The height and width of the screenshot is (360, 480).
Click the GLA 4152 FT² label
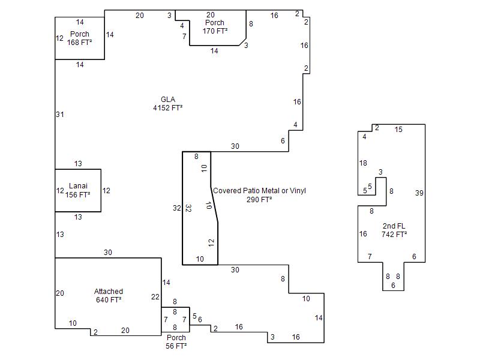(168, 103)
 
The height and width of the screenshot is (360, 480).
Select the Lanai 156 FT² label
(78, 190)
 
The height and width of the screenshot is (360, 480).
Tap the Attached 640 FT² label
(109, 295)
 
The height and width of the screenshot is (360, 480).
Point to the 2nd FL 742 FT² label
(394, 230)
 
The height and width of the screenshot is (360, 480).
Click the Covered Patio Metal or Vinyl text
(259, 190)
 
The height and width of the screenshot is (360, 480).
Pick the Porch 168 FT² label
(80, 38)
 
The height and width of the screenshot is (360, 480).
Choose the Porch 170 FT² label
(215, 26)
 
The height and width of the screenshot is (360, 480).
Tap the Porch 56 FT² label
(176, 341)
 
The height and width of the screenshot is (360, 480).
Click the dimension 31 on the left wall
(60, 115)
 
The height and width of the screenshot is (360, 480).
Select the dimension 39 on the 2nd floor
(419, 193)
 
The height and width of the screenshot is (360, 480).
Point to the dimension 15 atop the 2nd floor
(398, 130)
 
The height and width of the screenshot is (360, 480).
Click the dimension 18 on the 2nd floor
(363, 163)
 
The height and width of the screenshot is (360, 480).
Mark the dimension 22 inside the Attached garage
(155, 296)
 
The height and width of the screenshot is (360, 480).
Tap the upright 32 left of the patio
(176, 208)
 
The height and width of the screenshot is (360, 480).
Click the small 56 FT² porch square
(175, 320)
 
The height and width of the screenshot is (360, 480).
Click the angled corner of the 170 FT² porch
(243, 42)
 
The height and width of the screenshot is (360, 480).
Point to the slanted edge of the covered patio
(214, 204)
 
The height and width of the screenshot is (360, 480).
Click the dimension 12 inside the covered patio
(211, 243)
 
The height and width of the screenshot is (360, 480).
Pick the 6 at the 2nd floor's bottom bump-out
(393, 286)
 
